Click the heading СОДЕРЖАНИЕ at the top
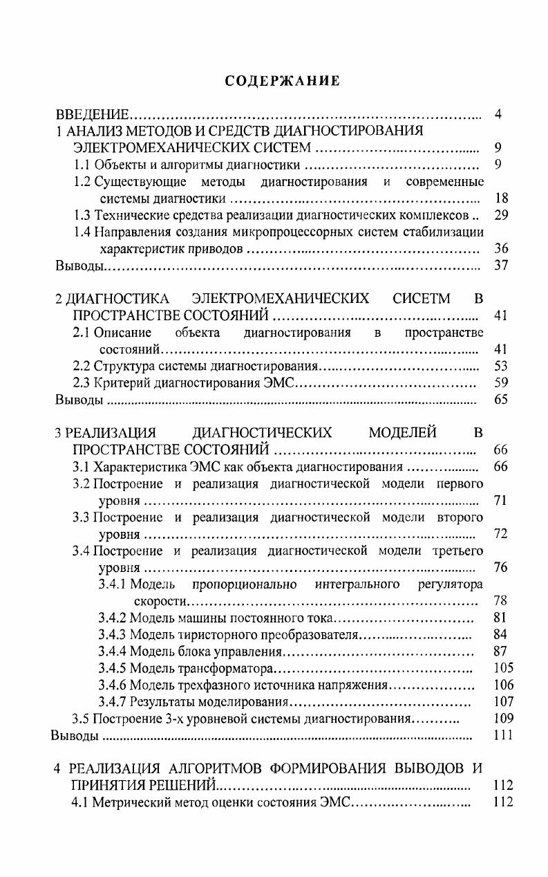tap(283, 81)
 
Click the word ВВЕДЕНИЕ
tap(93, 113)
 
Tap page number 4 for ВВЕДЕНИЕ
tap(498, 113)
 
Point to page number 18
tap(502, 199)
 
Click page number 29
tap(502, 215)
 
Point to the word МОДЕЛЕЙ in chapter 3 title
tap(402, 433)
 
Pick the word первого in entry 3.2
tap(460, 483)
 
